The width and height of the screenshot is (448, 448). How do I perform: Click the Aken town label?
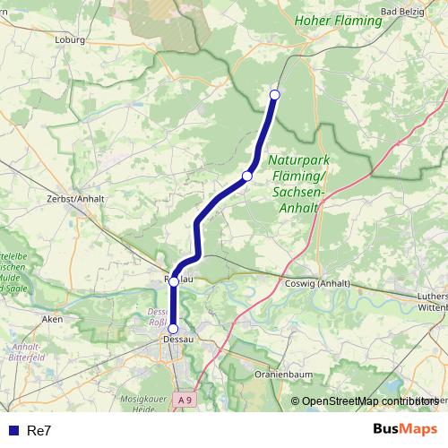tap(52, 318)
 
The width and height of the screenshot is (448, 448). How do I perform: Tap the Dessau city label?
tap(174, 341)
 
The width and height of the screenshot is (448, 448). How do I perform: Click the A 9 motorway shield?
tap(185, 400)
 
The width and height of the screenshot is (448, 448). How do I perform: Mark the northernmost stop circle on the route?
tap(275, 95)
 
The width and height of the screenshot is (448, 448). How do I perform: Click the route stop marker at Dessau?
tap(173, 329)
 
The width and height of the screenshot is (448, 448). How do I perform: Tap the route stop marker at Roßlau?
tap(174, 281)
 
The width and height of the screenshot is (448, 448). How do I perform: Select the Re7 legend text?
tap(39, 431)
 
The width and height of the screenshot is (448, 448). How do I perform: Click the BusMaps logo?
tap(405, 429)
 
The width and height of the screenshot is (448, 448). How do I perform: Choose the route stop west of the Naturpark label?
tap(246, 177)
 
